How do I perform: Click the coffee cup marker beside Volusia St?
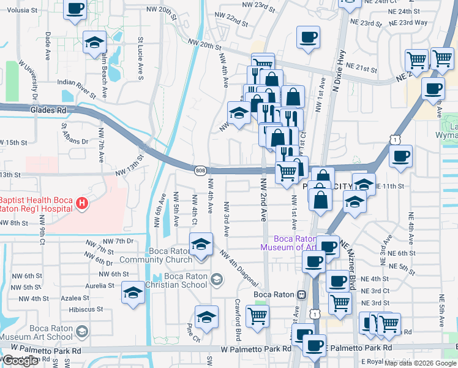[75, 10]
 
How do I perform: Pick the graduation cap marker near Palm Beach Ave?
[94, 43]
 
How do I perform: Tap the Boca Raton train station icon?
[301, 294]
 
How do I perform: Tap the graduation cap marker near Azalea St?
[133, 293]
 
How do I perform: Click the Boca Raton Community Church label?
[149, 255]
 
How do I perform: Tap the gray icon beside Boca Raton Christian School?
[216, 280]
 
